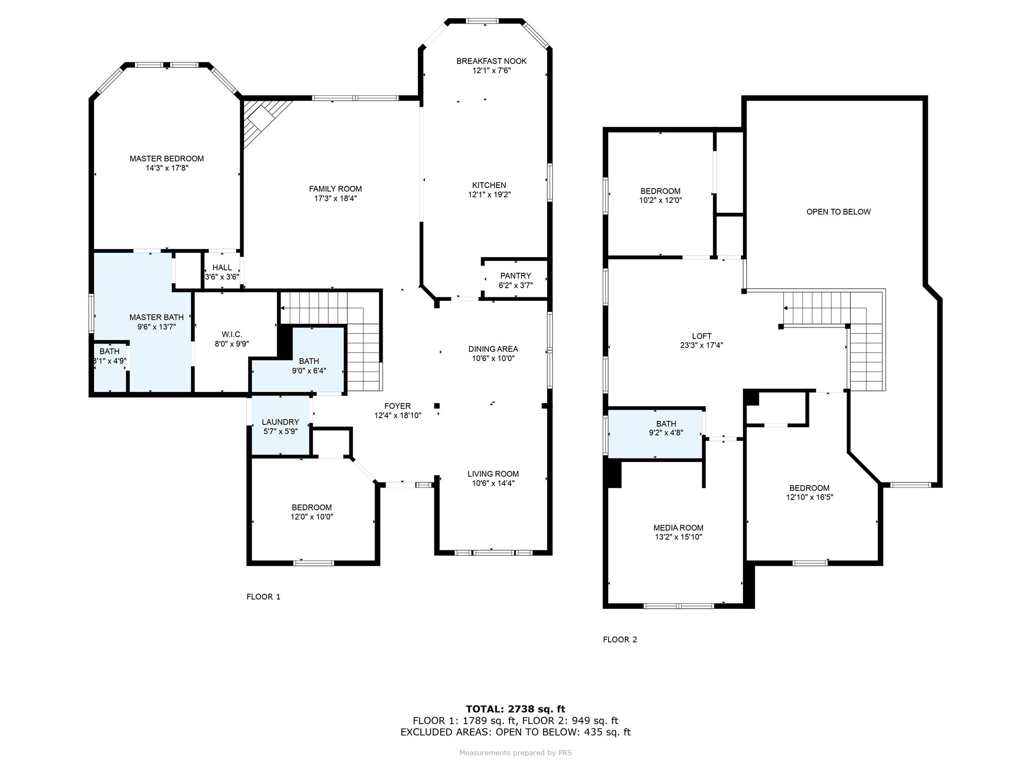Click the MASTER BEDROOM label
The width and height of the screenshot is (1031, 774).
click(x=167, y=159)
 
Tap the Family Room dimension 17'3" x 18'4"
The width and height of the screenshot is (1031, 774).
click(x=335, y=199)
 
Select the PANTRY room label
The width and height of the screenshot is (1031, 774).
click(x=515, y=276)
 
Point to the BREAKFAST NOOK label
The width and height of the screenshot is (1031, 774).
click(x=491, y=61)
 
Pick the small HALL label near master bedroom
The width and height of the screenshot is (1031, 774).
click(x=222, y=268)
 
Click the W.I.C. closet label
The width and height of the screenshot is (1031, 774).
click(x=232, y=335)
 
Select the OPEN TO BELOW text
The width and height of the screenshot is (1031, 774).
click(x=838, y=212)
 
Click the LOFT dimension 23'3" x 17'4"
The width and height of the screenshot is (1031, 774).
click(x=702, y=346)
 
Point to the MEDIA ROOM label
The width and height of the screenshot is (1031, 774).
click(x=678, y=528)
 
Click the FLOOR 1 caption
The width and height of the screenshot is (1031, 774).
click(x=263, y=597)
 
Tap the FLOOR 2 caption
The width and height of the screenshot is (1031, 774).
click(x=620, y=639)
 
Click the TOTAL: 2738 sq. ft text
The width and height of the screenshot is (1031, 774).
click(x=515, y=709)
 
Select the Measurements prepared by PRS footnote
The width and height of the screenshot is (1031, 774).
click(x=515, y=753)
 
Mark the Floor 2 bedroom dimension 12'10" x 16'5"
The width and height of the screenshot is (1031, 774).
click(x=809, y=497)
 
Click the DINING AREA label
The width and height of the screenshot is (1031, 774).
click(x=493, y=349)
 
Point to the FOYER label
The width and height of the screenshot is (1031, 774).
click(x=397, y=406)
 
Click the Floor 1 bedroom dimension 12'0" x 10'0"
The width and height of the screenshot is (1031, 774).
click(x=312, y=517)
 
